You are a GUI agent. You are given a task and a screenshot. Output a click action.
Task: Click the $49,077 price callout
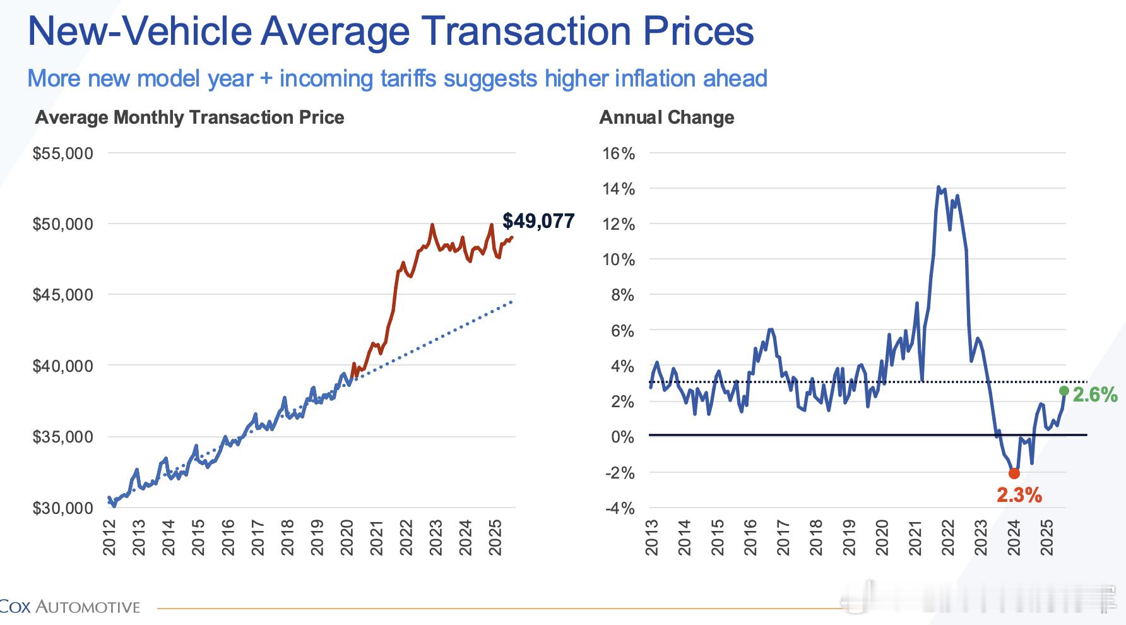[x=538, y=221]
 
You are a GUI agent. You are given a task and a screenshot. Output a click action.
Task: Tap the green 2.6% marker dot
[x=1064, y=391]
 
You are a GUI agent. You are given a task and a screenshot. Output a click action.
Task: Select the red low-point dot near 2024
[x=1014, y=473]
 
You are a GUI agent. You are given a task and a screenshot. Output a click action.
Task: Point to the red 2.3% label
[x=1019, y=496]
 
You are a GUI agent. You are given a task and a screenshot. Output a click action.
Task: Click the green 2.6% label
[x=1095, y=395]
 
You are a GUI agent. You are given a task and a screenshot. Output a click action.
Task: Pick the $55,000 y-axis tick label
[x=62, y=153]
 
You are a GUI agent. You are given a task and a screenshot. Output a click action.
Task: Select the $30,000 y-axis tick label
[x=62, y=508]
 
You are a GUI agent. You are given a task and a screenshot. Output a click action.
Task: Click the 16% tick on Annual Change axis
[x=619, y=153]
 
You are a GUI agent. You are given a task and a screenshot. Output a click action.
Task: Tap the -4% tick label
[x=620, y=508]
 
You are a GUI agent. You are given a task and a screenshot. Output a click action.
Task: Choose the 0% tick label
[x=622, y=437]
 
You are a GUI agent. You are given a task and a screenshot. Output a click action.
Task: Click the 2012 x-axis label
[x=109, y=537]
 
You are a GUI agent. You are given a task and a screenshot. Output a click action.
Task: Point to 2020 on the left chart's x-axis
[x=347, y=537]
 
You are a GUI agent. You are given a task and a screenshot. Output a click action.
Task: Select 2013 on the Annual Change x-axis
[x=651, y=537]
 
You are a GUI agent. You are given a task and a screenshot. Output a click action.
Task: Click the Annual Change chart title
[x=667, y=117]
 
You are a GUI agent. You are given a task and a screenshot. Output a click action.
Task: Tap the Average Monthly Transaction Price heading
[x=189, y=117]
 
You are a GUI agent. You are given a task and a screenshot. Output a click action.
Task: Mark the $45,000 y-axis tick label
[x=62, y=295]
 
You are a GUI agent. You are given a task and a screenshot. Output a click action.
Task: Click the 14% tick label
[x=619, y=189]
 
